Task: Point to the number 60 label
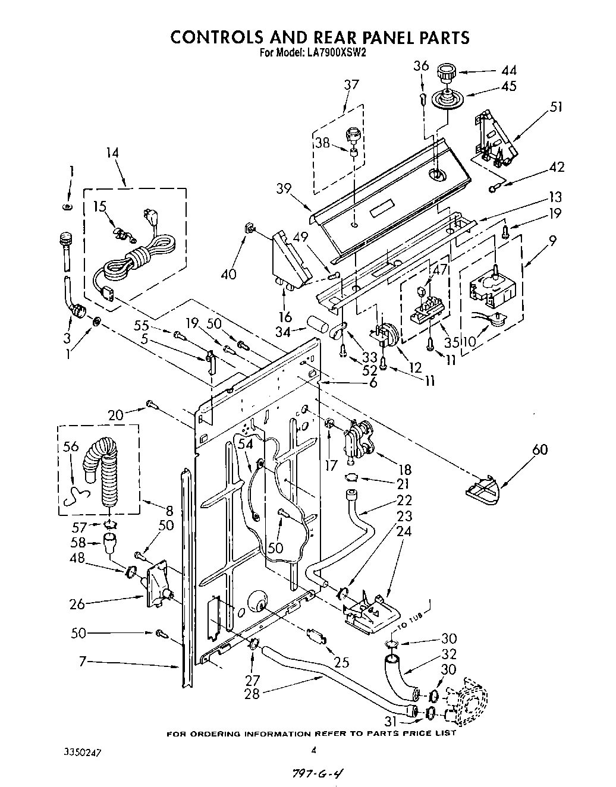coord(540,449)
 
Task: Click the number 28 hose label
coord(252,693)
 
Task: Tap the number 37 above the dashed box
coord(351,84)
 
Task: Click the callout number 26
coord(78,604)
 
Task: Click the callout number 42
coord(557,166)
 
